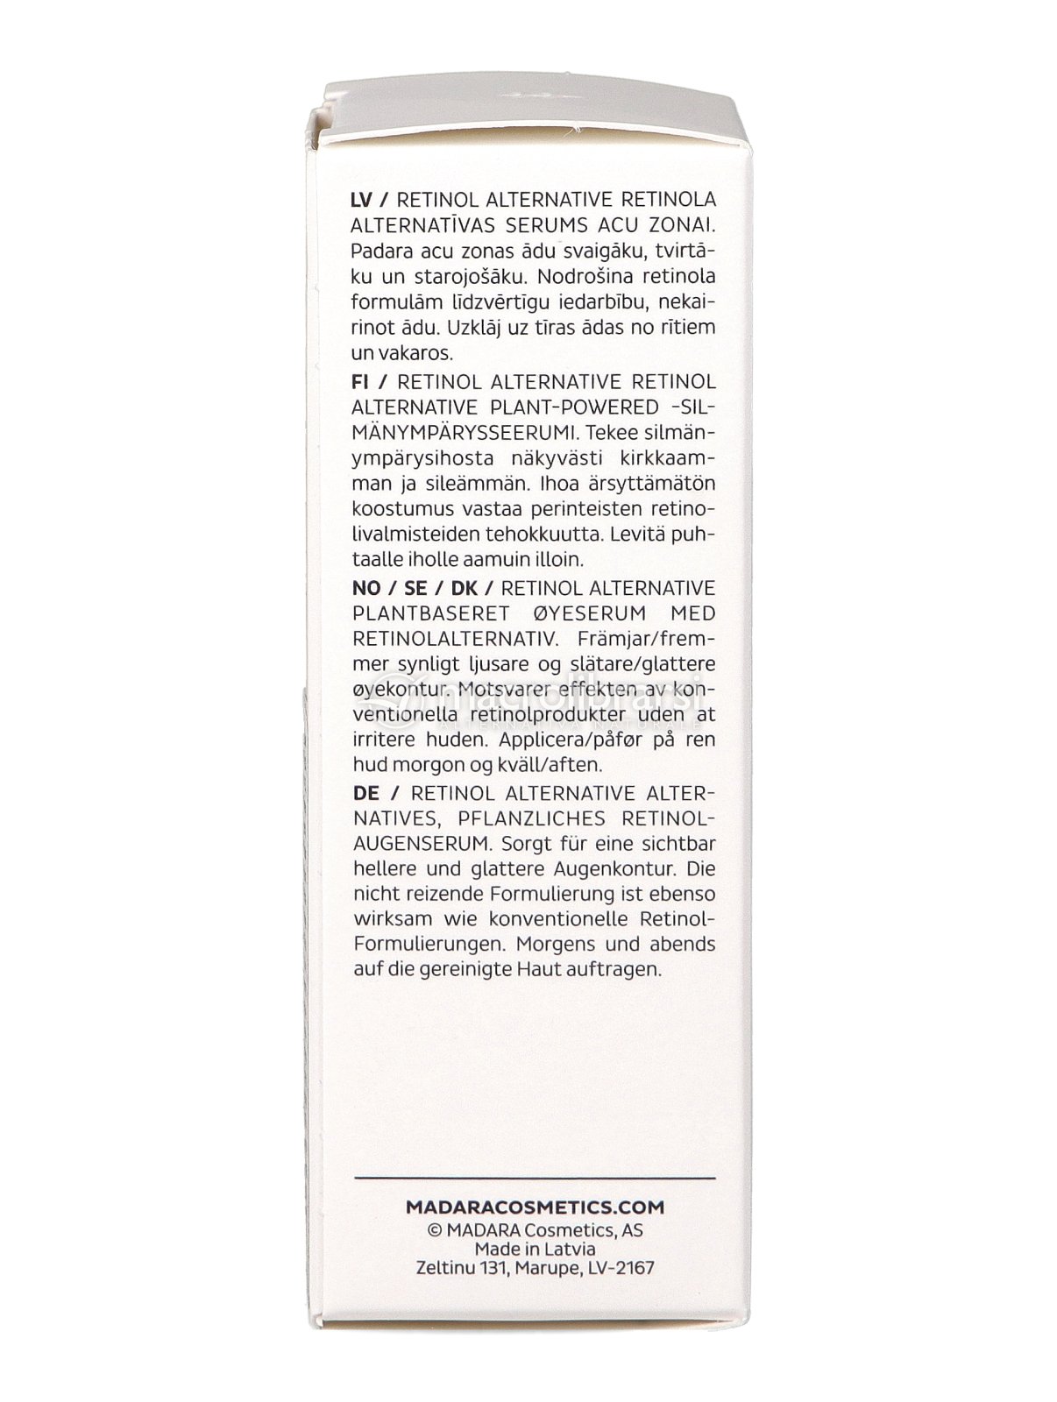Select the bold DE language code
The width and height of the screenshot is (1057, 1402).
click(x=365, y=793)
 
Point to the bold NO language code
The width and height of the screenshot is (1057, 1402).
click(x=366, y=587)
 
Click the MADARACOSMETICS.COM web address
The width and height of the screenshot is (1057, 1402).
click(x=534, y=1207)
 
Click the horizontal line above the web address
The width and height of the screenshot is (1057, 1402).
click(x=534, y=1178)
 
